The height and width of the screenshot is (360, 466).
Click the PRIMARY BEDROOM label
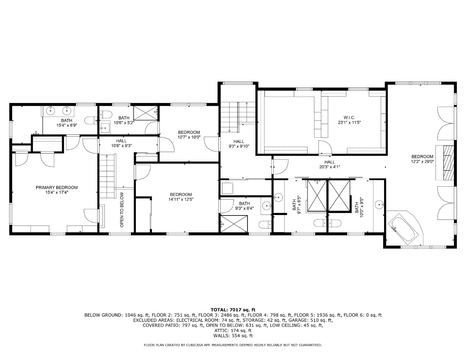pos(56,187)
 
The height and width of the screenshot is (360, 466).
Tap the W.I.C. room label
pos(349,118)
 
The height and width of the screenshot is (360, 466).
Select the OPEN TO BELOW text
pos(122,210)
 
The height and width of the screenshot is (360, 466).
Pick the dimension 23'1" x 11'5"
pos(349,123)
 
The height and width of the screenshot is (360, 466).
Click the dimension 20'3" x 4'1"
pos(330,167)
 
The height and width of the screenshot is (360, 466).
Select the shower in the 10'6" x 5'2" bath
pos(146,113)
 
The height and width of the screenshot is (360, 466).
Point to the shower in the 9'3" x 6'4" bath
pos(234,224)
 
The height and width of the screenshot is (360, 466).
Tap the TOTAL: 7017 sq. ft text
pos(233,310)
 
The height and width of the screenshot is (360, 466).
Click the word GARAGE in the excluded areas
pos(297,320)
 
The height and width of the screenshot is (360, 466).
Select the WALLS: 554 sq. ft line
pos(233,336)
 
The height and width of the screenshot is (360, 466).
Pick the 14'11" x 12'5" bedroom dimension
pos(181,200)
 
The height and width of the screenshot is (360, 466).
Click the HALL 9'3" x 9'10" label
pos(239,144)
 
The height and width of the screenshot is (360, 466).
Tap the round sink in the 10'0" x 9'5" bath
pos(379,204)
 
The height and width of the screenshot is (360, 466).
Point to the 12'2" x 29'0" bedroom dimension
pos(422,162)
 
